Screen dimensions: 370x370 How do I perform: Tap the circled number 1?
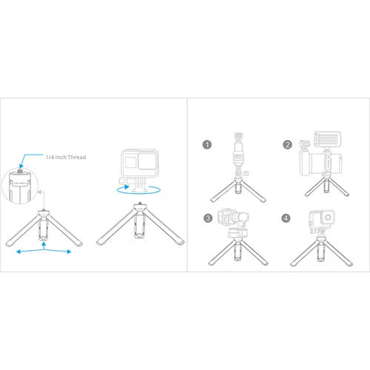[x=208, y=146]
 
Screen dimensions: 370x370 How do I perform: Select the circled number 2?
[x=287, y=146]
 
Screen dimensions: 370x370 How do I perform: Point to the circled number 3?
[x=208, y=218]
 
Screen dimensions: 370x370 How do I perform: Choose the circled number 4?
[x=287, y=218]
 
